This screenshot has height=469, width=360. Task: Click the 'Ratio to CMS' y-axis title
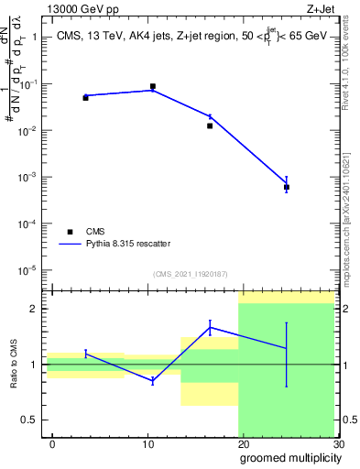click(x=15, y=364)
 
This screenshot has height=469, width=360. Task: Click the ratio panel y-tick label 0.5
click(x=29, y=420)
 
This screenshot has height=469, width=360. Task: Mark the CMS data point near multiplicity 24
click(x=287, y=187)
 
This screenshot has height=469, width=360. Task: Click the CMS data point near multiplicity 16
click(x=210, y=125)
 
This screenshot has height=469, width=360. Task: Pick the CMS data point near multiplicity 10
click(x=152, y=86)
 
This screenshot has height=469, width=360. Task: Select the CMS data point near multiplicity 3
click(x=85, y=97)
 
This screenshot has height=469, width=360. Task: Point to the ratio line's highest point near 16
click(x=210, y=327)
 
